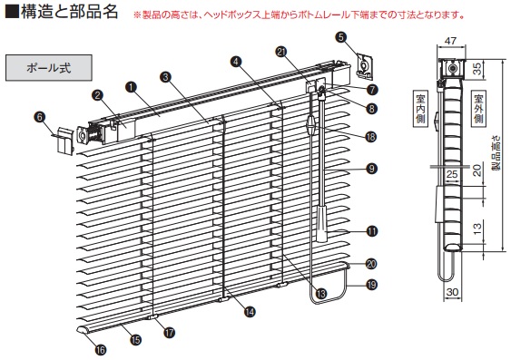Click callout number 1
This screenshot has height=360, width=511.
(x=132, y=87)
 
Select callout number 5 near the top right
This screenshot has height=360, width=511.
(x=341, y=37)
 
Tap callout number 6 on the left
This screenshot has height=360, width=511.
(x=40, y=117)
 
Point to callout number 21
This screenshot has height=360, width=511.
(x=281, y=52)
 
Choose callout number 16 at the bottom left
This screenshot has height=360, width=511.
(x=101, y=350)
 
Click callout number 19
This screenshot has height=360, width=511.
(x=371, y=285)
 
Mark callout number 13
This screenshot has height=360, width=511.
(x=321, y=294)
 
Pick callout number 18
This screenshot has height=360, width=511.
(x=371, y=137)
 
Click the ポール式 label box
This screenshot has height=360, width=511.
(x=49, y=68)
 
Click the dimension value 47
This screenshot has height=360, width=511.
(x=451, y=41)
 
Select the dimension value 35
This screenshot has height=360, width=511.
(x=477, y=69)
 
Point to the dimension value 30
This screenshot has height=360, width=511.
(x=452, y=292)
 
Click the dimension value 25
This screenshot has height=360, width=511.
(x=452, y=174)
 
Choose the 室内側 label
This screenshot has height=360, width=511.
(x=420, y=109)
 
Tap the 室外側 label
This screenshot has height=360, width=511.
(x=478, y=109)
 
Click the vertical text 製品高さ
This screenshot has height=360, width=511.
(x=496, y=153)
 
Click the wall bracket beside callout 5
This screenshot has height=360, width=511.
(x=365, y=66)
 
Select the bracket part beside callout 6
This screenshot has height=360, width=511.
(x=64, y=141)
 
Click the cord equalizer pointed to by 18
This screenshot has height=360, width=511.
(x=311, y=124)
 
